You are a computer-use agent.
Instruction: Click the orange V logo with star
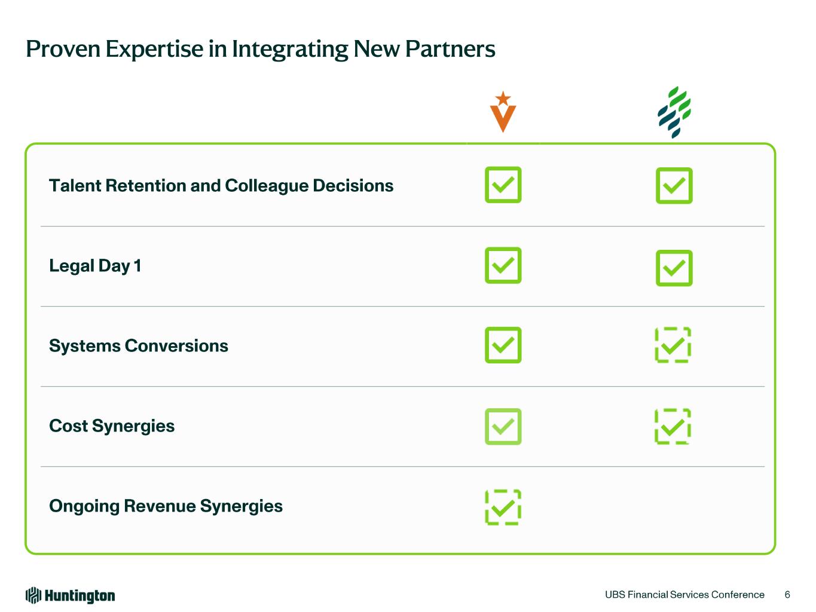503,112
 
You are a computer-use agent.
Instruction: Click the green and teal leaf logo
674,112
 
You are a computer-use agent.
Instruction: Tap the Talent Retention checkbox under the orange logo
503,185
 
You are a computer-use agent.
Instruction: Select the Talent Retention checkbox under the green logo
674,185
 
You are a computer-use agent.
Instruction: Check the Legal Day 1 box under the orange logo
503,265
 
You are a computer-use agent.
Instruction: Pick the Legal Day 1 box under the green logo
674,268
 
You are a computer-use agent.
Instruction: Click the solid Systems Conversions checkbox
503,345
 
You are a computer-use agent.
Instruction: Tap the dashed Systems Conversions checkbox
673,345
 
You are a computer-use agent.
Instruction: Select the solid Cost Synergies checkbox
503,426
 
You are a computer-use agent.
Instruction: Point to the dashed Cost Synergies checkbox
673,426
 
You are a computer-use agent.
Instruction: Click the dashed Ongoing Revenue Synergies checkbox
503,507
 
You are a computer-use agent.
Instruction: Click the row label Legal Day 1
95,266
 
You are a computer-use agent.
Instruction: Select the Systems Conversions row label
139,346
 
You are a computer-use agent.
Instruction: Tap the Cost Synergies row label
112,426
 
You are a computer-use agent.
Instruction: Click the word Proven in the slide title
63,49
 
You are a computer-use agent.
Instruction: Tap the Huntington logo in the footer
70,595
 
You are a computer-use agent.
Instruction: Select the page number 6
787,595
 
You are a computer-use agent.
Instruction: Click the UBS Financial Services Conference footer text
684,595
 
